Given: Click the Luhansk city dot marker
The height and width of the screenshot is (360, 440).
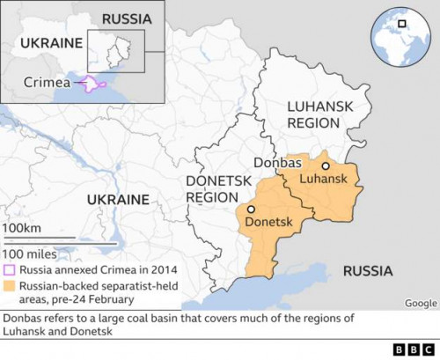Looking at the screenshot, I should [x=325, y=165].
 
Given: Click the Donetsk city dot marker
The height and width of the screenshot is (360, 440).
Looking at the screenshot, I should [x=251, y=209].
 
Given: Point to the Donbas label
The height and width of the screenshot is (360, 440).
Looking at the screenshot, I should [x=277, y=163].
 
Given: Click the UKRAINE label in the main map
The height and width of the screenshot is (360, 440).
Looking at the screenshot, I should [x=118, y=200].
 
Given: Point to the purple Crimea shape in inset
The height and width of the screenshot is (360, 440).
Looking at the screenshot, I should [x=93, y=84].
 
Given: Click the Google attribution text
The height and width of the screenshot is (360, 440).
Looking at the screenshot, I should [x=421, y=303].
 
